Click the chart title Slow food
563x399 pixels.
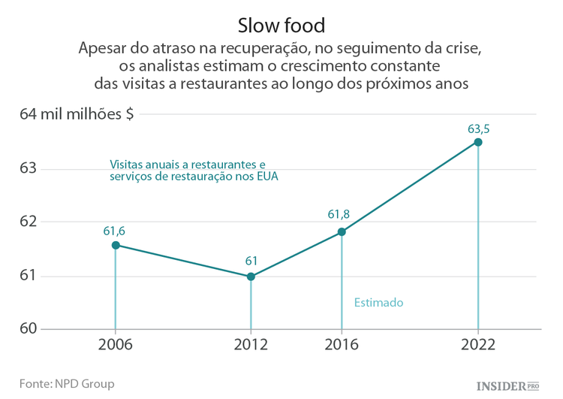pos(281,25)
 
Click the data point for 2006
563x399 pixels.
pos(116,245)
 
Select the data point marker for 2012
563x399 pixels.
pos(251,277)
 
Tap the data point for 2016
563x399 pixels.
pos(342,232)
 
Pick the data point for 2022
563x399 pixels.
pos(478,142)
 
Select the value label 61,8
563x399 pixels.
pos(339,215)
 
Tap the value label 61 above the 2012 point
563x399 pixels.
pos(251,261)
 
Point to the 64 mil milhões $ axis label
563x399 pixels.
pos(77,114)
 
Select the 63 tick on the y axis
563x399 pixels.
pos(29,168)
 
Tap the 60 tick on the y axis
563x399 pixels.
pos(29,329)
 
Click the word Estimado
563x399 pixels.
pos(378,303)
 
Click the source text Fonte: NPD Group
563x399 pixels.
pos(67,383)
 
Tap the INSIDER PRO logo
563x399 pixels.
pos(508,385)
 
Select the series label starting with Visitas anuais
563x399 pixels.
pos(188,169)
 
